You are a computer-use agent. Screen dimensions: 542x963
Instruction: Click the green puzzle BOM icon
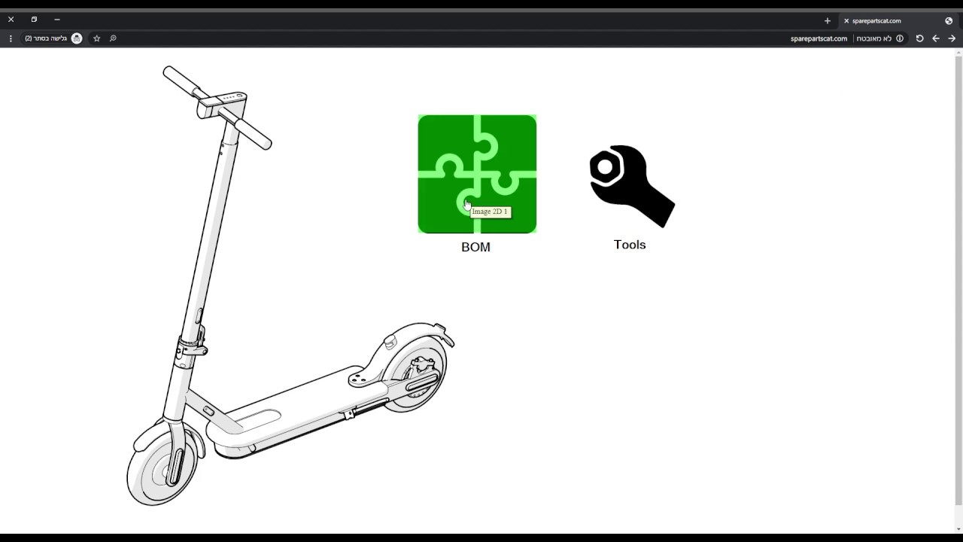[477, 174]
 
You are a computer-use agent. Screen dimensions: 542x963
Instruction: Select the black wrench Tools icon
[631, 186]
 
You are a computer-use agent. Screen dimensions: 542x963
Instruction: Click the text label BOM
[475, 248]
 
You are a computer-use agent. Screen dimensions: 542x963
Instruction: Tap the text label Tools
[630, 245]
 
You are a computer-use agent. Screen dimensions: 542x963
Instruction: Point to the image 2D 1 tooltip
[491, 212]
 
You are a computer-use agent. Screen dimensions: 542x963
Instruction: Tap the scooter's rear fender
[418, 330]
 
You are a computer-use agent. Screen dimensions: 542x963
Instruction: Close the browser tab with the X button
[846, 21]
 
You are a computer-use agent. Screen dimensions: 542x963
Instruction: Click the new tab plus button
[827, 21]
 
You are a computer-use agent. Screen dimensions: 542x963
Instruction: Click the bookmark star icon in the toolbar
[96, 38]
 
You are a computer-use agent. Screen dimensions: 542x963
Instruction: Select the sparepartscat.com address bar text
[819, 38]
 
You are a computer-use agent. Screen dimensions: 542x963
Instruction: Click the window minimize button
[57, 20]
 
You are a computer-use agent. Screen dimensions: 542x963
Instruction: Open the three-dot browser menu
[11, 38]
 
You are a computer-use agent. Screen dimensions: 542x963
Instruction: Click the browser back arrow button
[936, 38]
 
